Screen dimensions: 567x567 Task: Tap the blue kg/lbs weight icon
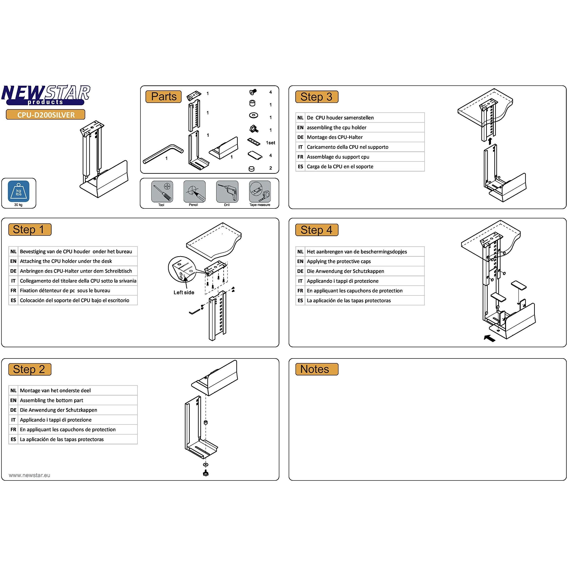[18, 192]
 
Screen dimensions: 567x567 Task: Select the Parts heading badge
[164, 97]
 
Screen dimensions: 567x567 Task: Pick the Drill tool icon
[227, 192]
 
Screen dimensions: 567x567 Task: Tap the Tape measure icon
[260, 192]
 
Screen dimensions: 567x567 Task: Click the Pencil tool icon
[194, 192]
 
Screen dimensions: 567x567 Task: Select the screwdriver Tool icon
[162, 192]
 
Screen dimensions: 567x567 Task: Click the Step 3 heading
[316, 97]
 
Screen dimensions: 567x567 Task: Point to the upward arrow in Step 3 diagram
[490, 141]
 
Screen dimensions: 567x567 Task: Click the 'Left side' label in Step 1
[184, 292]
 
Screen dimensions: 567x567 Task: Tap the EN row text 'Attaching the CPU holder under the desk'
[66, 261]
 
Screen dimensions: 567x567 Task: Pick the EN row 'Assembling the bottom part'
[51, 400]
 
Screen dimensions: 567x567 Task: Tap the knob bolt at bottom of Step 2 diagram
[206, 473]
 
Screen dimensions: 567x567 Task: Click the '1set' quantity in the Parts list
[270, 143]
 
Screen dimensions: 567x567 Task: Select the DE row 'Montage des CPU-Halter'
[335, 137]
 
